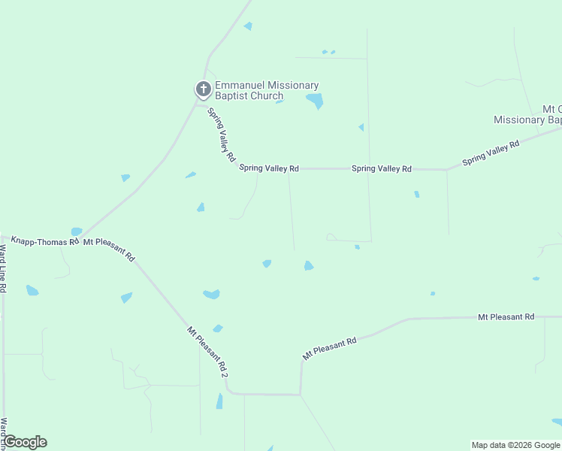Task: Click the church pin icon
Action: pos(203,89)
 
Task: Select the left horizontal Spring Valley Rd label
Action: pos(269,168)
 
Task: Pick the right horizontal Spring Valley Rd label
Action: pos(382,169)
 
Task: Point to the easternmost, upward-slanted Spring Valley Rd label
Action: pos(491,153)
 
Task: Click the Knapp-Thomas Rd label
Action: pos(44,242)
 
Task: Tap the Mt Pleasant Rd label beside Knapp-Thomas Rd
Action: pos(109,249)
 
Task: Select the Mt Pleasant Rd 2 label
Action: pos(207,351)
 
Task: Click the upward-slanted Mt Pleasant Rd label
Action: pos(329,347)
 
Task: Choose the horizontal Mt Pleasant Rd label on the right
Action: pos(506,317)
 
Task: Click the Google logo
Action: pos(25,442)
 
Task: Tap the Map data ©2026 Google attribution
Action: pos(515,445)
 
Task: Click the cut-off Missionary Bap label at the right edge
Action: pos(527,120)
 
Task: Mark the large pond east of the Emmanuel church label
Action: pos(315,100)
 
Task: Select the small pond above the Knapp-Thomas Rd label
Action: pos(77,232)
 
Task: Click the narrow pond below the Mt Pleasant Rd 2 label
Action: pos(219,401)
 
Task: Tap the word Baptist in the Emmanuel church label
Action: pos(231,96)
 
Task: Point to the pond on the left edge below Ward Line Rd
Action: pos(32,290)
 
